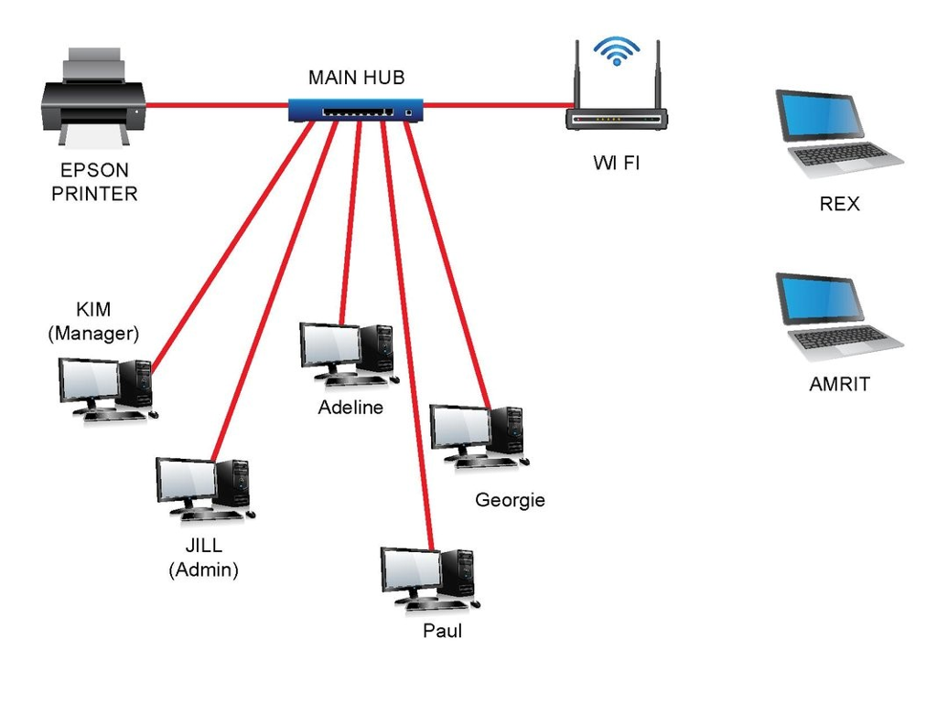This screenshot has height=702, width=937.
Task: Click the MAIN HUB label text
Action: (356, 78)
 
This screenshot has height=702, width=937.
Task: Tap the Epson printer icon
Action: (93, 99)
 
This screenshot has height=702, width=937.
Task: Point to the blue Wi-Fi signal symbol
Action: (616, 49)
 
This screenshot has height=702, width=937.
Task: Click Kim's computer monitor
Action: (89, 380)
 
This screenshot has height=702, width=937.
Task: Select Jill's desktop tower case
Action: (232, 482)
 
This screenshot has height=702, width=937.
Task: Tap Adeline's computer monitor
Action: (329, 346)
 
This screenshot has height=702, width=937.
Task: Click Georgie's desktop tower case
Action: (506, 430)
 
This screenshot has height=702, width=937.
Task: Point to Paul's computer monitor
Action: (410, 570)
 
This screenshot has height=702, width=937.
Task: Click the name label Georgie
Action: (510, 500)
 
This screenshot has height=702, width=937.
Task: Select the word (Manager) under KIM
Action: (92, 334)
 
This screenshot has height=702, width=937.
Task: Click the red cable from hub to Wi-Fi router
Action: (494, 106)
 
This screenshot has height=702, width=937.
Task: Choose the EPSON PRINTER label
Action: (94, 182)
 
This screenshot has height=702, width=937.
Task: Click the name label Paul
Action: (442, 632)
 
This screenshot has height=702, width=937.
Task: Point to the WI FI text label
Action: (616, 164)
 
